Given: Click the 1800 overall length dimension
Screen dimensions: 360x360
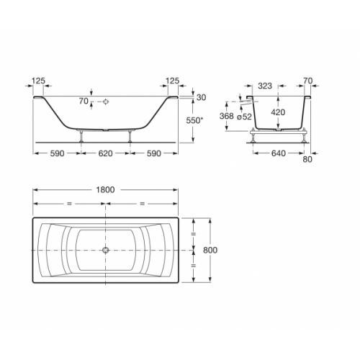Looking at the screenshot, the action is click(x=105, y=190).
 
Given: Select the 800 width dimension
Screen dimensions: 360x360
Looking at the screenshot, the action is click(x=210, y=250).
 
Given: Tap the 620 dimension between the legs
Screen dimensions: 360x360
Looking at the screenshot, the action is click(x=106, y=153).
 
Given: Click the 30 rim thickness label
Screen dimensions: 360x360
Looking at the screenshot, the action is click(x=201, y=97).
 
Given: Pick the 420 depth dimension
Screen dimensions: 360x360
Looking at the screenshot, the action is click(x=278, y=112).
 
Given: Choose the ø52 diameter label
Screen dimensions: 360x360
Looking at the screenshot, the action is click(x=244, y=117).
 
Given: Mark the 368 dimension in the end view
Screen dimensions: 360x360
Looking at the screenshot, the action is click(x=227, y=116).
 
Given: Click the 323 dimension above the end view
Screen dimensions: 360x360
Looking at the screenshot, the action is click(x=265, y=86).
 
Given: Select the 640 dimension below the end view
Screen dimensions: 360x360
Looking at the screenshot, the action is click(x=279, y=153).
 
